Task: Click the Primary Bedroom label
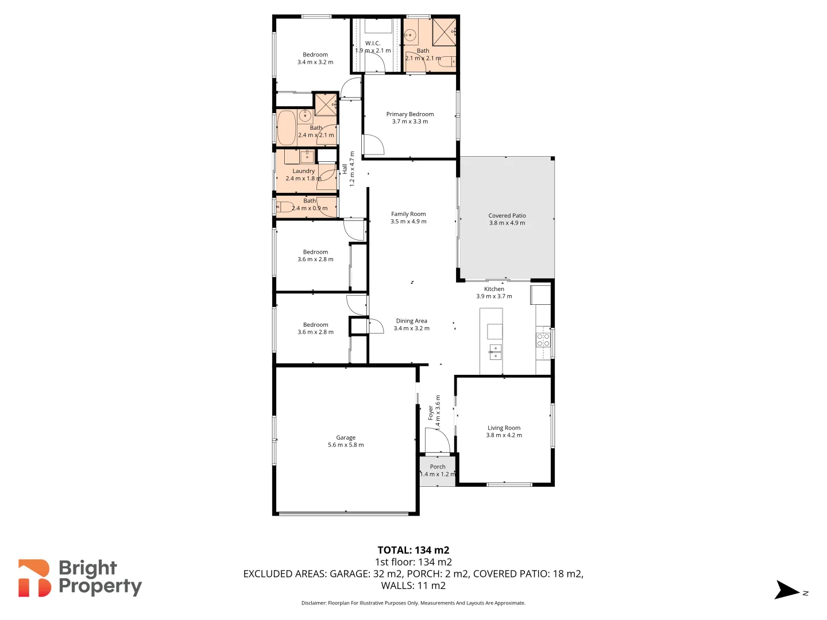[x=409, y=114]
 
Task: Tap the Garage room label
[x=346, y=437]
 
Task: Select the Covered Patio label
[x=507, y=216]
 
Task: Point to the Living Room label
[x=504, y=428]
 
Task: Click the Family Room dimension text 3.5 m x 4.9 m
[x=408, y=222]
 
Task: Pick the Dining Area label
[x=411, y=321]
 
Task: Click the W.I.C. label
[x=373, y=43]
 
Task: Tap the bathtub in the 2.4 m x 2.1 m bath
[x=286, y=127]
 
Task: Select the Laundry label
[x=303, y=171]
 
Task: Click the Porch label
[x=438, y=467]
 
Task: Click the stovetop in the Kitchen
[x=543, y=340]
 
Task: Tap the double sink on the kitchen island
[x=495, y=352]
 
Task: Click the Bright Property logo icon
[x=34, y=578]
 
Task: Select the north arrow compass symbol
[x=787, y=590]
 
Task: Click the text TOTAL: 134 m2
[x=413, y=550]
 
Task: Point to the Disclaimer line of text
[x=413, y=603]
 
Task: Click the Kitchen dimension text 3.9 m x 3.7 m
[x=494, y=296]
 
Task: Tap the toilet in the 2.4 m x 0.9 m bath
[x=284, y=207]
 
